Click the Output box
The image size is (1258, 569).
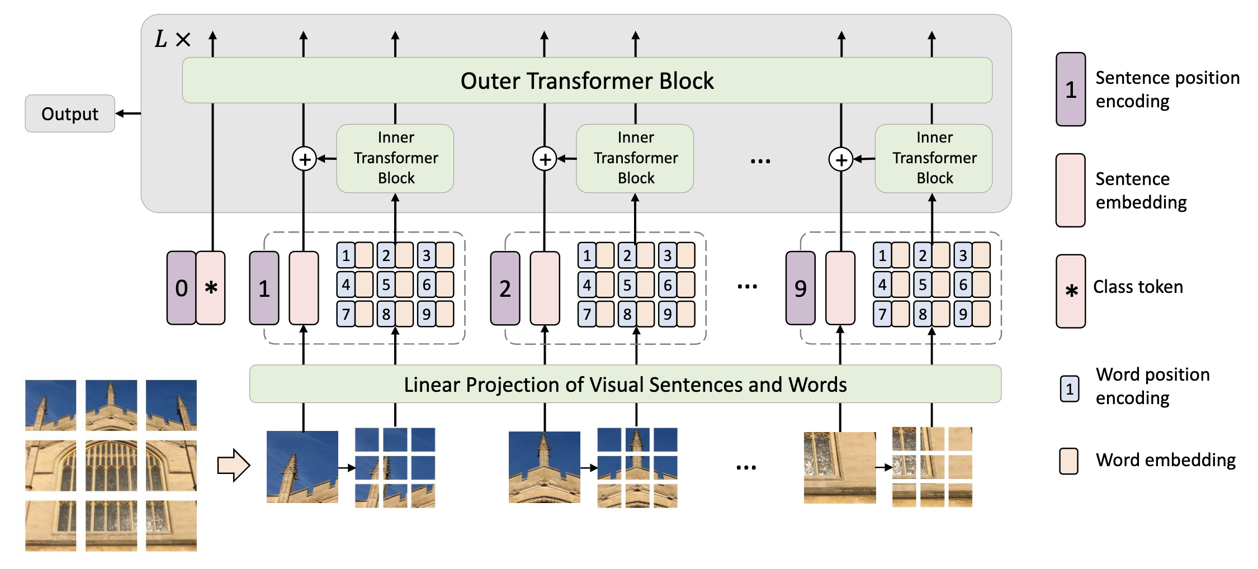(70, 113)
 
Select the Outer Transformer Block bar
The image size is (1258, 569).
(587, 80)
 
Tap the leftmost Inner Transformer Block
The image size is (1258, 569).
(395, 158)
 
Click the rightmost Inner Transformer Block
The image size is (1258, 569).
(934, 158)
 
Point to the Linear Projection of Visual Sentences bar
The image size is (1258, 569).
(625, 384)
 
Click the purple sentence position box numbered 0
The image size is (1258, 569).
(181, 288)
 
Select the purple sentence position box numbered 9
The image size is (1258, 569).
(800, 288)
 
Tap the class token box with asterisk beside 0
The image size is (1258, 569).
(211, 288)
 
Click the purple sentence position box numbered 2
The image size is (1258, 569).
(505, 288)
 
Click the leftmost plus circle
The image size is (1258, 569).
(304, 159)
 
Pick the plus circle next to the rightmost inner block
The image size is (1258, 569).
(840, 159)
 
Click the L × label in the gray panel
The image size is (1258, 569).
(172, 39)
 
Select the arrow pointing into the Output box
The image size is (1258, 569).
(128, 113)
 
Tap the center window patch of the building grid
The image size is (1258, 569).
(111, 465)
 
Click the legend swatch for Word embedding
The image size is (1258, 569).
(1069, 461)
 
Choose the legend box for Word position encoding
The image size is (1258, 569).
(1070, 388)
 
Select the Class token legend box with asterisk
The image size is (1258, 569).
(1071, 291)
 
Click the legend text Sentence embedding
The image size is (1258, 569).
(1141, 190)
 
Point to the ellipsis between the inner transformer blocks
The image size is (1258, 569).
(760, 161)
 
